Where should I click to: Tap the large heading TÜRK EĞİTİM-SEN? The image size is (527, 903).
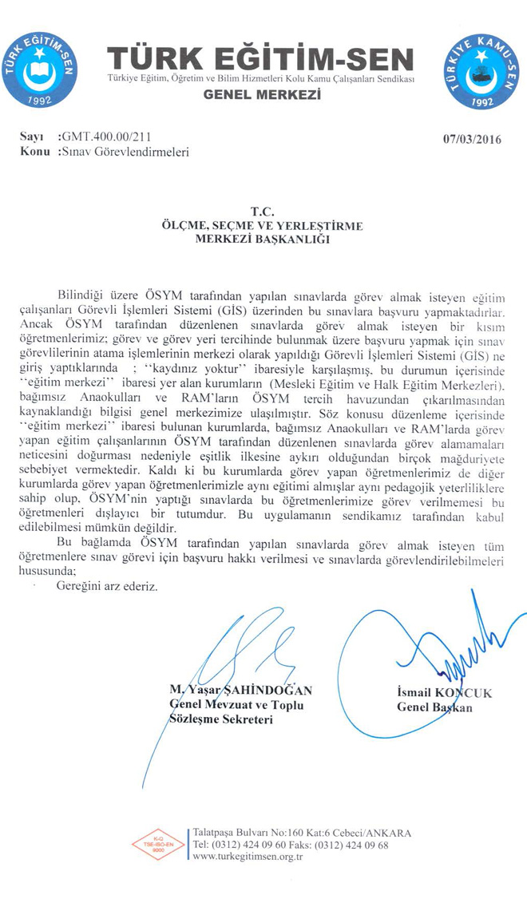coord(262,59)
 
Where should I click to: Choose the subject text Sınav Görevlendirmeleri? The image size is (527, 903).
coord(126,151)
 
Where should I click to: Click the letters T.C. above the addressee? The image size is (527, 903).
coord(263,212)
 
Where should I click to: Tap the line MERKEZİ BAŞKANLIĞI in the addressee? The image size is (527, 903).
coord(263,240)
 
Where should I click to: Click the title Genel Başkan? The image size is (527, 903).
coord(434,707)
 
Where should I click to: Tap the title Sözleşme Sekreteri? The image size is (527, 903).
coord(221,719)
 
